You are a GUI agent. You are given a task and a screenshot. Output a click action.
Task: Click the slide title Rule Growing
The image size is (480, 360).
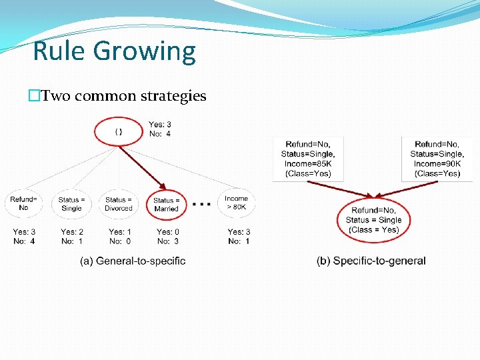(x=114, y=51)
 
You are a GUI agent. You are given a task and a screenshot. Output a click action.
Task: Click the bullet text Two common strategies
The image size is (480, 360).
(x=123, y=96)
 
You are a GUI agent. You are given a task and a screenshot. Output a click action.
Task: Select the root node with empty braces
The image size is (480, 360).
(x=119, y=131)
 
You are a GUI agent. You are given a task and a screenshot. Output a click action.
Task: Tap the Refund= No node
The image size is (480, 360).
(x=23, y=203)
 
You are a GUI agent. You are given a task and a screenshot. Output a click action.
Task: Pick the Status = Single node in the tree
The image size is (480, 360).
(x=71, y=203)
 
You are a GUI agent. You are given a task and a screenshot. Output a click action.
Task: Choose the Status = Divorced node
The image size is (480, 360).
(x=119, y=203)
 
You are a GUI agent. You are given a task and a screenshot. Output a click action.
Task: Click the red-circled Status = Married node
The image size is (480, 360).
(x=166, y=204)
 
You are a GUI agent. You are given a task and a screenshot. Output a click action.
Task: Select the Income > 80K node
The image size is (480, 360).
(x=236, y=203)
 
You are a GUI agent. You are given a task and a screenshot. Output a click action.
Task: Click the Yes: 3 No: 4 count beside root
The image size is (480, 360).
(x=159, y=129)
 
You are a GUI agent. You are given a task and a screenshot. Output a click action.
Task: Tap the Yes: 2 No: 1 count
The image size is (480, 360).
(x=71, y=237)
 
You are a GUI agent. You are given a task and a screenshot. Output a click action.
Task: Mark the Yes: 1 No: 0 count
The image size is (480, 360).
(x=119, y=237)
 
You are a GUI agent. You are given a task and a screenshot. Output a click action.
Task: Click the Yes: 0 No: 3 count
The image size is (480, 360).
(x=167, y=237)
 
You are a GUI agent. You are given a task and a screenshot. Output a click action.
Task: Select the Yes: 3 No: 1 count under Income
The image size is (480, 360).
(x=238, y=237)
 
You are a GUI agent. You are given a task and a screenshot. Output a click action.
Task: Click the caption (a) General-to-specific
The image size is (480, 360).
(x=133, y=261)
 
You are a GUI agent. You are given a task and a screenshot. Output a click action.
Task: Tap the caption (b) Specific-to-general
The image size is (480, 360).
(x=371, y=261)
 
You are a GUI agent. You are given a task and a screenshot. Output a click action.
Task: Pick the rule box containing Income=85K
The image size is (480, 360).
(x=308, y=159)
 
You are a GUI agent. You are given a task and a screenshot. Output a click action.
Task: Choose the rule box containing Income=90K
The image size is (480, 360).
(x=437, y=159)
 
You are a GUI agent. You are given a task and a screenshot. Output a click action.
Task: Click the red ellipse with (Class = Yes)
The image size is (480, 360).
(x=373, y=220)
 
